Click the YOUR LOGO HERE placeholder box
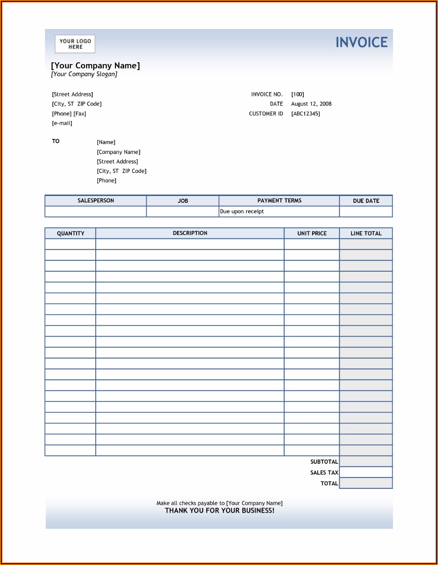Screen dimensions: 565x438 point(75,44)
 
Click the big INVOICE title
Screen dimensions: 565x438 point(361,42)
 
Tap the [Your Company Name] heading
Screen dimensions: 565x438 point(95,66)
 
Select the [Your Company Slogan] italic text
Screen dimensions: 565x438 point(84,74)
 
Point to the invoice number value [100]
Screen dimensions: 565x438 point(298,94)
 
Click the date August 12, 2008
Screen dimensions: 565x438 point(311,104)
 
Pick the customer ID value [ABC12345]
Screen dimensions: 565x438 point(306,114)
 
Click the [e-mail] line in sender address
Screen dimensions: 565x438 point(62,123)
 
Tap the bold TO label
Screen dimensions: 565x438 point(56,141)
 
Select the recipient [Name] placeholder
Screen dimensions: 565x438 point(106,142)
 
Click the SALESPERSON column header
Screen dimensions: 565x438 point(96,201)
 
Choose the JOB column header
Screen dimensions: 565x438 point(183,201)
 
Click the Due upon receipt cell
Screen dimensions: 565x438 point(242,212)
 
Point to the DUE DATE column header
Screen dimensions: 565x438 point(366,201)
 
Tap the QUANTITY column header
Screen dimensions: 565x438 point(71,234)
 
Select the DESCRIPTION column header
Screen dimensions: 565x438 point(190,233)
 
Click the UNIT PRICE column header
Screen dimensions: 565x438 point(312,234)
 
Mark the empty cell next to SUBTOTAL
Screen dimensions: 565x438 point(366,462)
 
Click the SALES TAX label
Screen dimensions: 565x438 point(324,473)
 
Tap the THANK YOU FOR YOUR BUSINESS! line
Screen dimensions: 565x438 point(219,510)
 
